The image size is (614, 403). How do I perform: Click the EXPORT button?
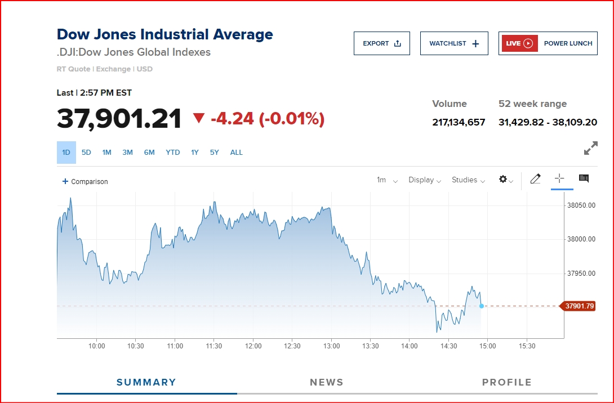[x=381, y=43]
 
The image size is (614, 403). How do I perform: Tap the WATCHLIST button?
[x=453, y=43]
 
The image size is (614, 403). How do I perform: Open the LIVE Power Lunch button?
[x=548, y=43]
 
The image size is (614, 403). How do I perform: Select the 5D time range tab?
[x=86, y=153]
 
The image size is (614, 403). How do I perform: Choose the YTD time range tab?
[x=173, y=153]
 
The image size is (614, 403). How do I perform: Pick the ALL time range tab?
[x=237, y=153]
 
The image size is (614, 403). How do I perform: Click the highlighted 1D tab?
[x=66, y=153]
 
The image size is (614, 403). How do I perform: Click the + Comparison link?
[x=85, y=182]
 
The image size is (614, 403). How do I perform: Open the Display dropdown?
[x=424, y=180]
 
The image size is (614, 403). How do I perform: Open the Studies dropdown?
[x=468, y=180]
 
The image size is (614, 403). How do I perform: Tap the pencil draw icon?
[x=535, y=179]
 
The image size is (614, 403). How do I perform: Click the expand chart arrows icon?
[x=590, y=149]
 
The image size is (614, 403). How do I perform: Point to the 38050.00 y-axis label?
[x=581, y=205]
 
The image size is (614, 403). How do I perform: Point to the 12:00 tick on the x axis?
[x=253, y=346]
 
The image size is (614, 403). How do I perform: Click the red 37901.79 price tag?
[x=579, y=306]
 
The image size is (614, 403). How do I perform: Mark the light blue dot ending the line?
[x=481, y=306]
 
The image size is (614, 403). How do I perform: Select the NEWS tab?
[x=326, y=382]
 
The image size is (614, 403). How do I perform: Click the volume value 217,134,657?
[x=459, y=122]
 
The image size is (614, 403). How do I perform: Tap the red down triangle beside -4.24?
[x=199, y=118]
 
